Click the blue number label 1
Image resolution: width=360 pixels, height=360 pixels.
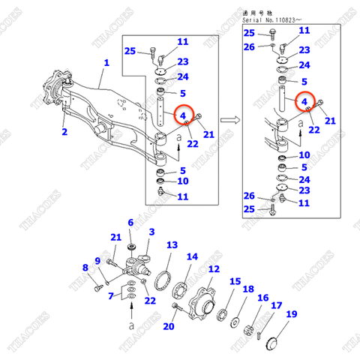coord(106,64)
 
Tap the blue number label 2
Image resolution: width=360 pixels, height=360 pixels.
coord(64,132)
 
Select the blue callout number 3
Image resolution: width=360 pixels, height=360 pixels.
coord(151,232)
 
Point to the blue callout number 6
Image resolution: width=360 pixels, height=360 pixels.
coord(130,223)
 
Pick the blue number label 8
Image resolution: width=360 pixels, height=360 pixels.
coord(85,267)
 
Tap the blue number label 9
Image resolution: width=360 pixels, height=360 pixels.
coord(97,259)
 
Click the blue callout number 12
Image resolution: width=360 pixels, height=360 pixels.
coord(214,268)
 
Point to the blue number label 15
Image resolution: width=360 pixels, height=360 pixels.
coord(235,282)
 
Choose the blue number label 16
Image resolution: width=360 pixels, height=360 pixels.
coord(262,298)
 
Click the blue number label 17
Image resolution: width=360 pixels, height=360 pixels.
coord(276,306)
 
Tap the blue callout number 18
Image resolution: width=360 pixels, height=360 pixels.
coord(247,289)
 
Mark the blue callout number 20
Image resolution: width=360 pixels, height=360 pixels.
coord(169,326)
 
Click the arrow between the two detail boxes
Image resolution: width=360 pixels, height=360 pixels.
coord(232,118)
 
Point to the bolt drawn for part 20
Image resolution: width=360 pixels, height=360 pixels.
coord(175,307)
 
